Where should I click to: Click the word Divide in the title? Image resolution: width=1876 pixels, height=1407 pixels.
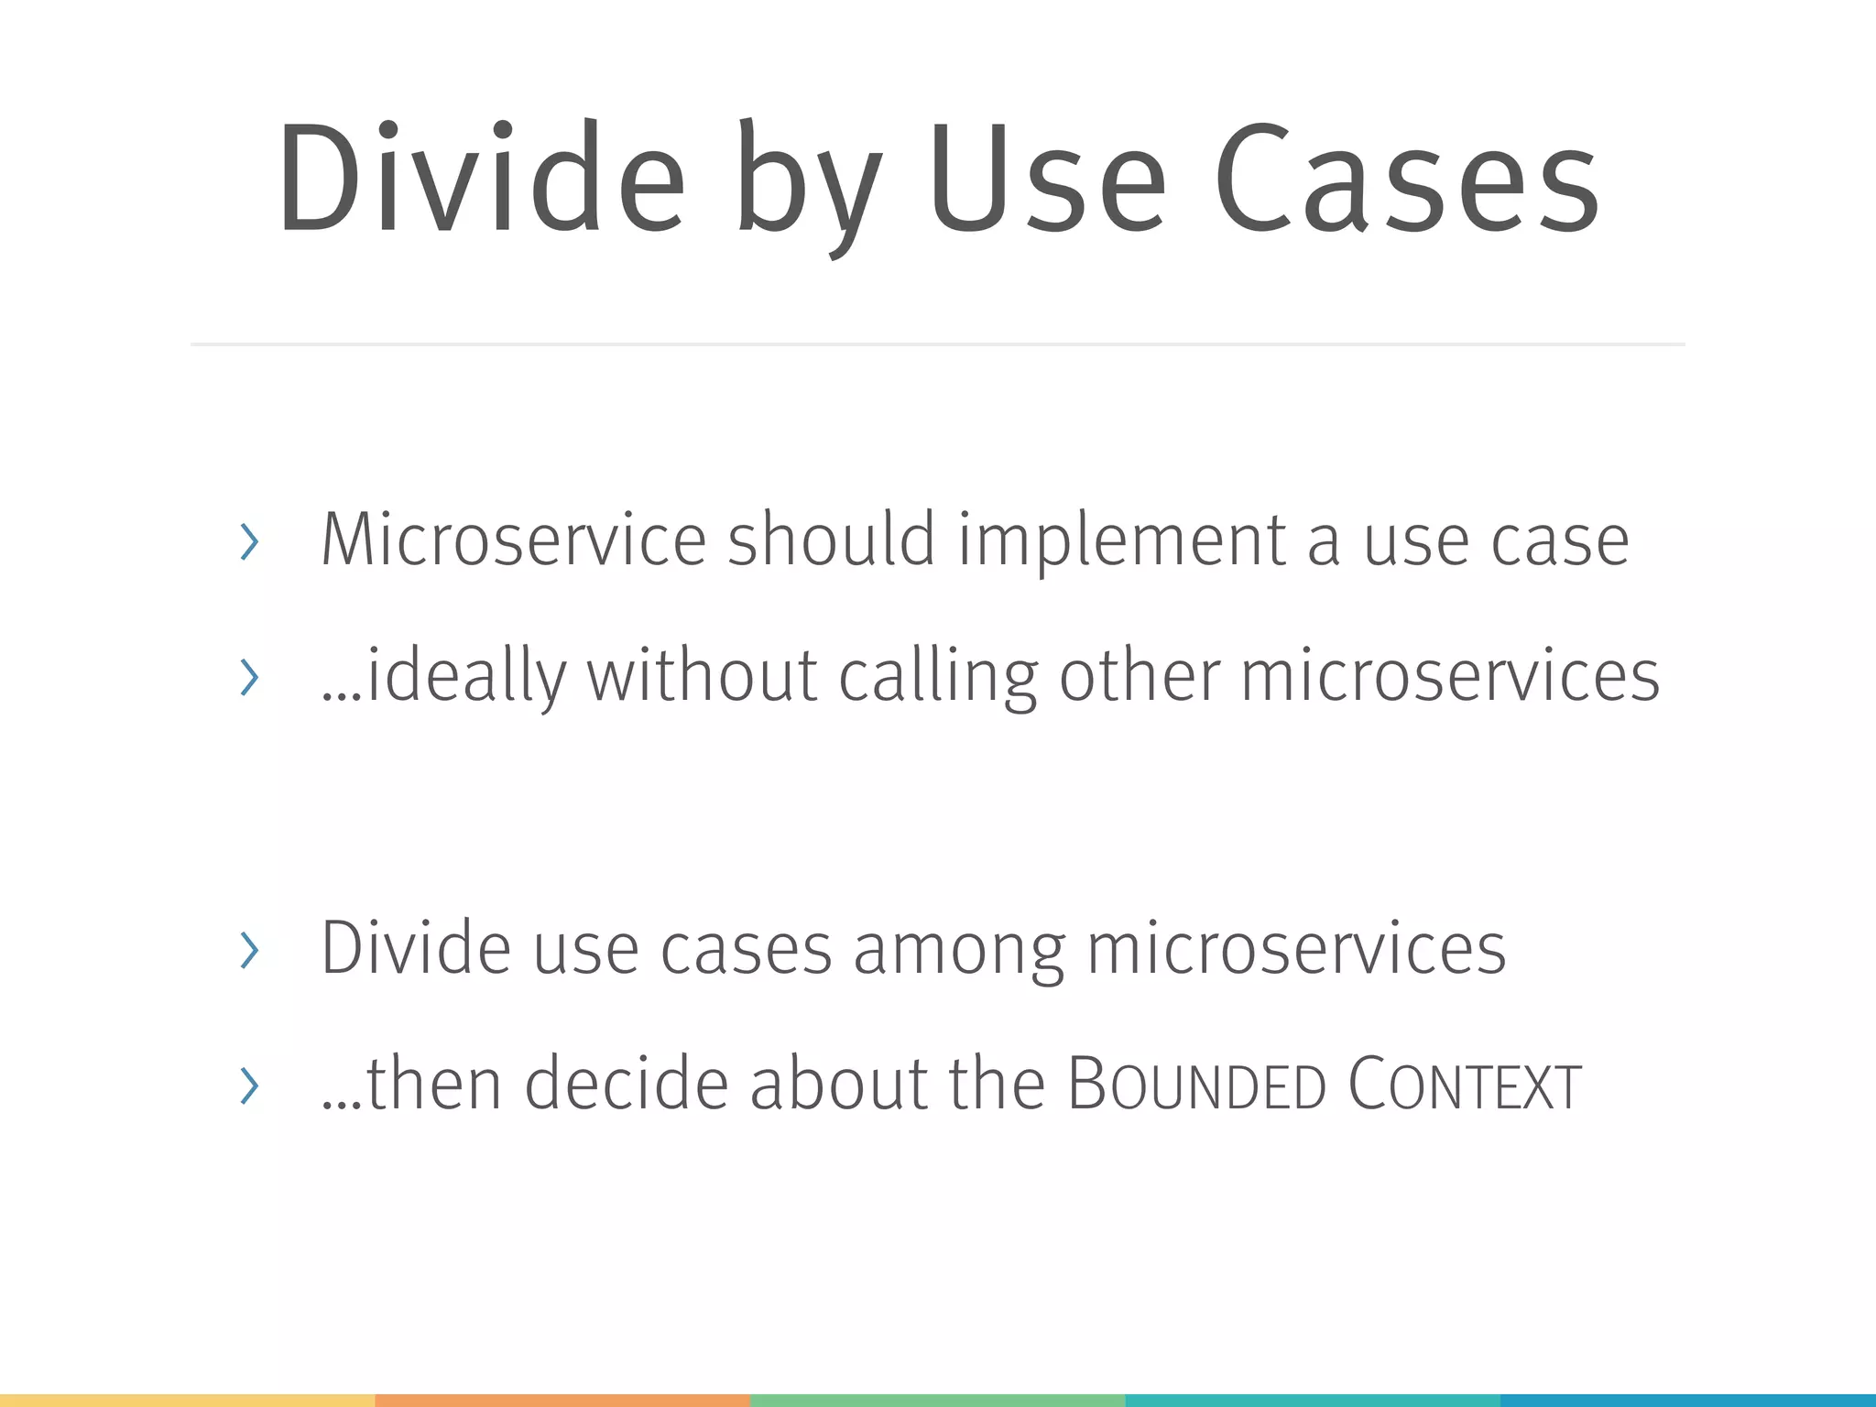click(482, 179)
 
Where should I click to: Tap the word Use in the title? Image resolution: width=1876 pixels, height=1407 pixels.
click(1047, 179)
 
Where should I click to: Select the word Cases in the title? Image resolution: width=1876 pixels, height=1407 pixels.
click(1407, 179)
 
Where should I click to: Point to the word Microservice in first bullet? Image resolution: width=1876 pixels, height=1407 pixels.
click(513, 540)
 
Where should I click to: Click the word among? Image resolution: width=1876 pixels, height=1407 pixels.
click(959, 949)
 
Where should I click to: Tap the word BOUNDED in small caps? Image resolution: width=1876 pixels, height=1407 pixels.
click(1196, 1085)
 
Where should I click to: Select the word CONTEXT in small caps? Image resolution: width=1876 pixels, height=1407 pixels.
click(1464, 1085)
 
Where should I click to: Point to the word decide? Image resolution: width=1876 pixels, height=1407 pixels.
click(627, 1085)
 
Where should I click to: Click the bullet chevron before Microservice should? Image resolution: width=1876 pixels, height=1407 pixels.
click(248, 542)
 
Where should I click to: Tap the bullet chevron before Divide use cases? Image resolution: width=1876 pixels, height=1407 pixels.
click(248, 950)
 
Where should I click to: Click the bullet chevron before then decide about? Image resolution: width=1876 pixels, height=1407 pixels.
click(248, 1085)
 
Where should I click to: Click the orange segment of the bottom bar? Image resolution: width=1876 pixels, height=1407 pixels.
click(562, 1400)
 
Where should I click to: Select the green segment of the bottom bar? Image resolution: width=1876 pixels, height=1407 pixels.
click(938, 1400)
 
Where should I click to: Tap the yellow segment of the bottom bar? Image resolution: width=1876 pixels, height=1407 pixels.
click(187, 1400)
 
